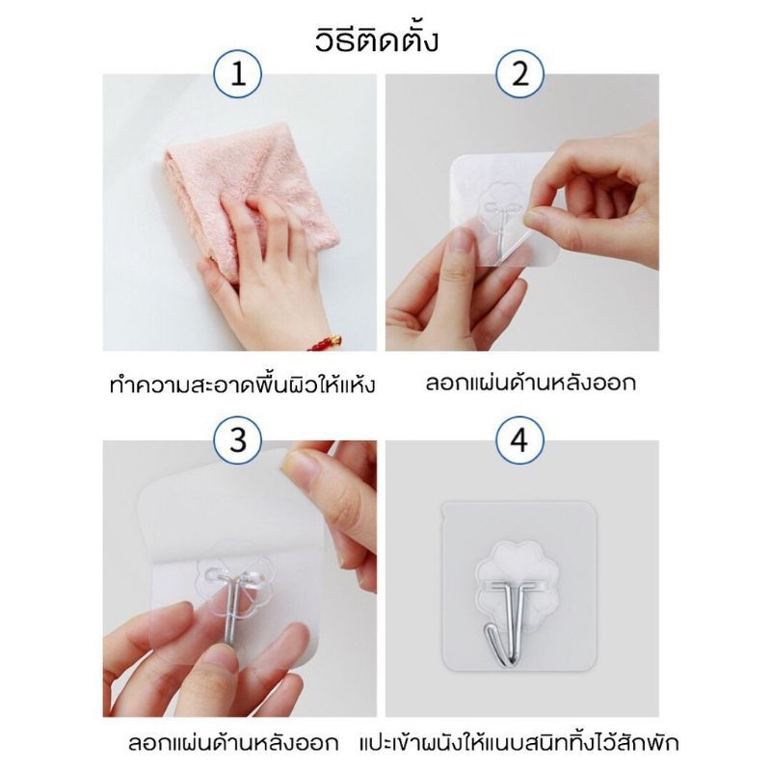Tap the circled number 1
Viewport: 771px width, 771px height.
pyautogui.click(x=237, y=74)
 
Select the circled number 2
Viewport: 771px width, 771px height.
pyautogui.click(x=519, y=74)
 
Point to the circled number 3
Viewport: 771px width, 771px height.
pyautogui.click(x=237, y=440)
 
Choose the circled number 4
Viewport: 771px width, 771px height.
pyautogui.click(x=519, y=440)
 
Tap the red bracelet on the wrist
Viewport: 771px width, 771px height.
pyautogui.click(x=326, y=343)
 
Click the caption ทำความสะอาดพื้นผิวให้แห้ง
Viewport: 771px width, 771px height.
pyautogui.click(x=242, y=384)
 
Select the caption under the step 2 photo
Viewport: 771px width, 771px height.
pyautogui.click(x=530, y=383)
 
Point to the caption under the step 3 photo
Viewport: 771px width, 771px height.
pyautogui.click(x=233, y=742)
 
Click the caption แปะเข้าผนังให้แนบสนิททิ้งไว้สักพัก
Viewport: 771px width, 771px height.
pyautogui.click(x=518, y=742)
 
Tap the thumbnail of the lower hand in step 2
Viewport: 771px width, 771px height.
pyautogui.click(x=463, y=244)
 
